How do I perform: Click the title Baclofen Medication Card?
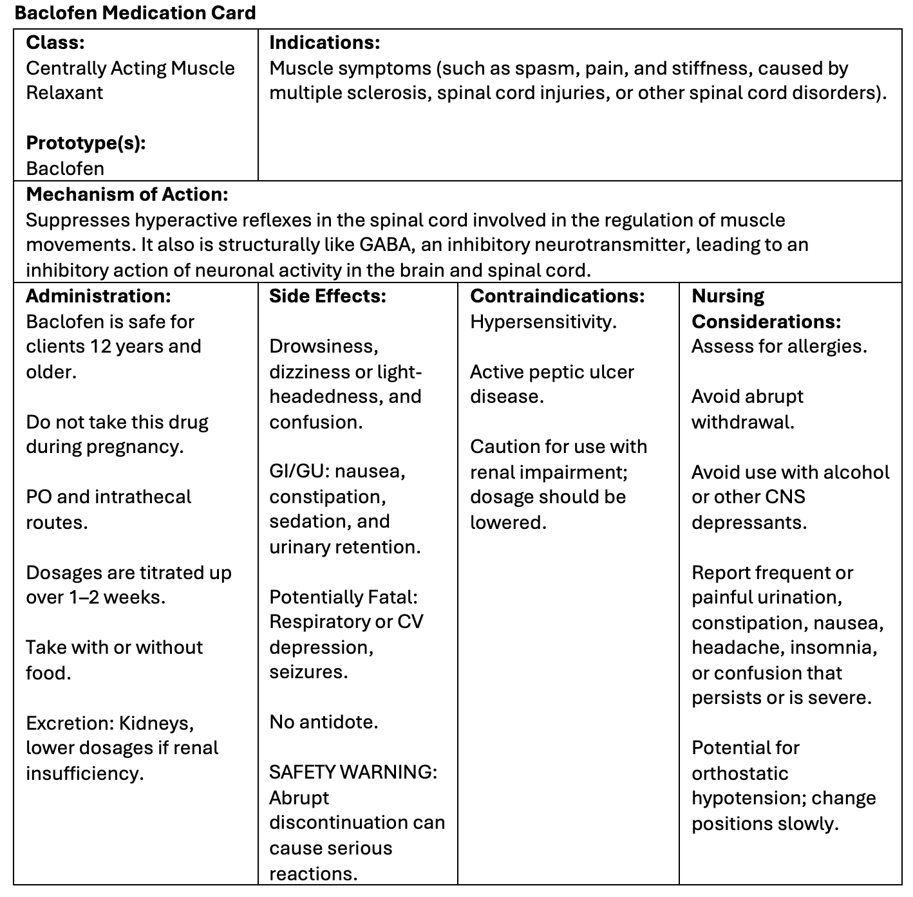[135, 13]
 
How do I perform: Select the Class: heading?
[55, 42]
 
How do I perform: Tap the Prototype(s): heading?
[86, 143]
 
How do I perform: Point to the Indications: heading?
[325, 42]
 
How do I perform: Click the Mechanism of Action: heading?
[127, 194]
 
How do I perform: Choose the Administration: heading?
[99, 296]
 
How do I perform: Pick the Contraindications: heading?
[557, 296]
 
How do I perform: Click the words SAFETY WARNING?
[353, 772]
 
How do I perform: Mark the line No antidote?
[323, 722]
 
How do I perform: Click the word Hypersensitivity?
[543, 322]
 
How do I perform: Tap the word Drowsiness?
[323, 346]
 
